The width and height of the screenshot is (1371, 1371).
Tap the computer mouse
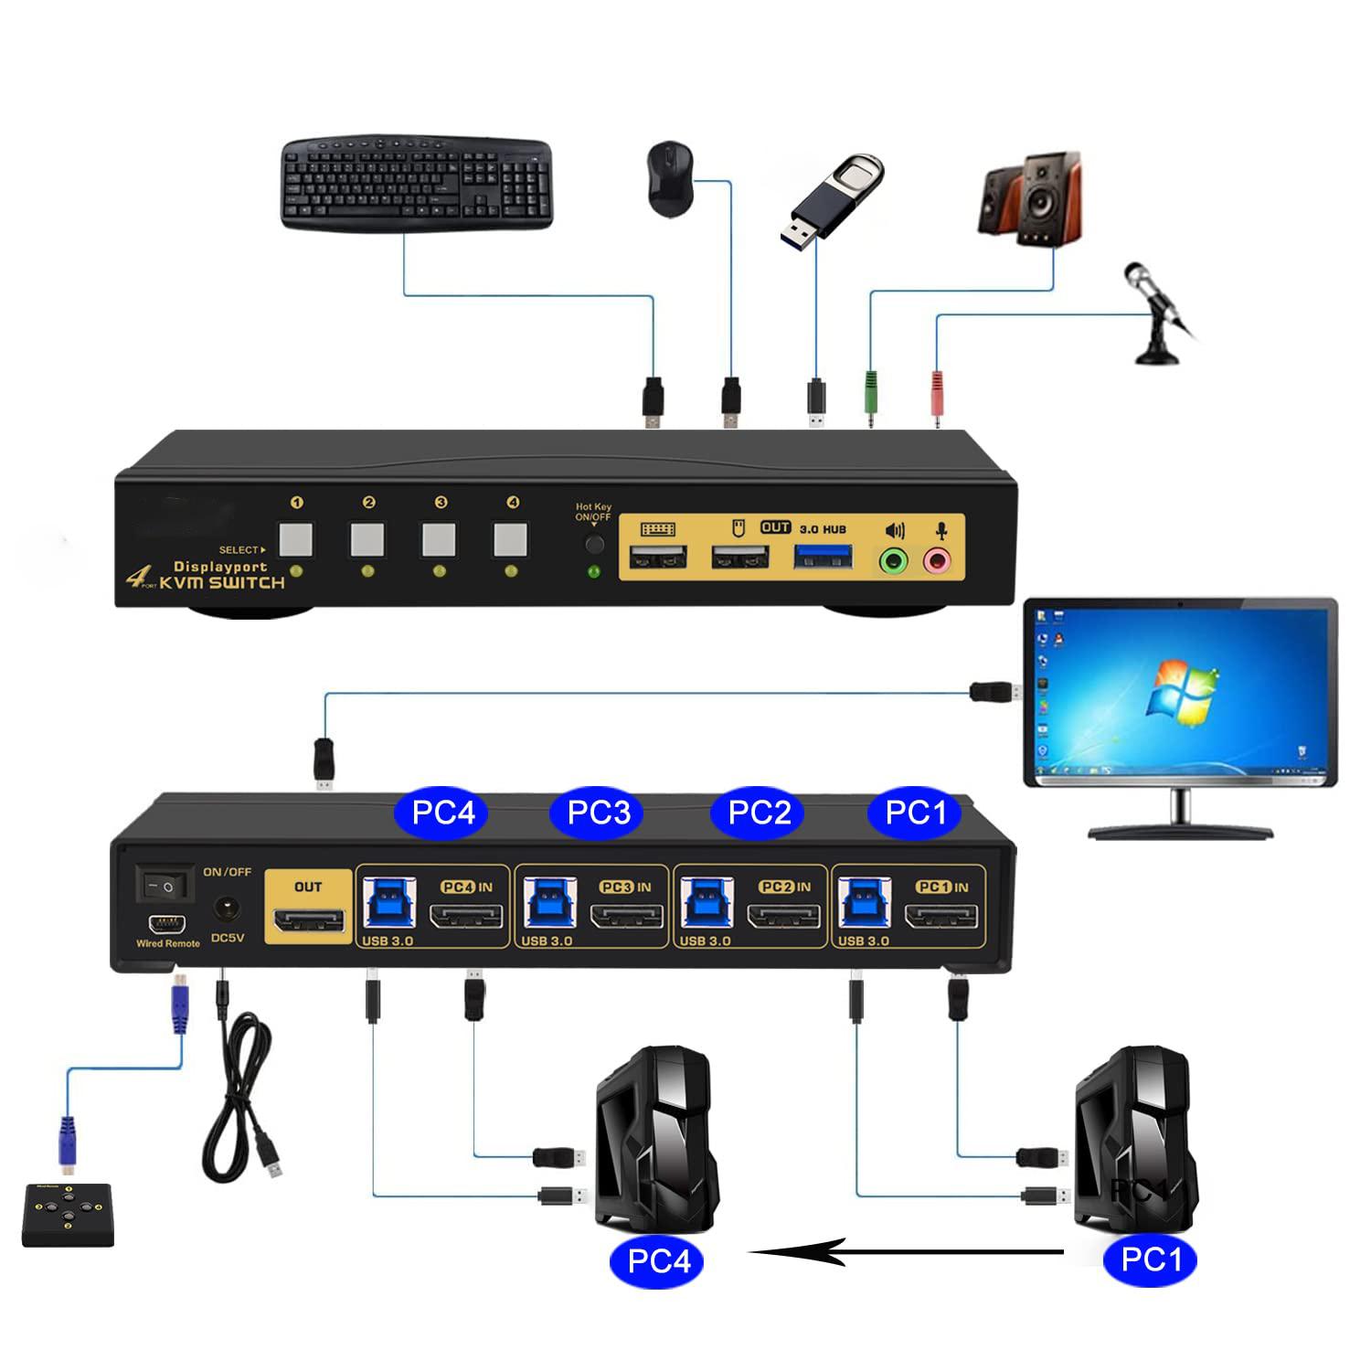(670, 178)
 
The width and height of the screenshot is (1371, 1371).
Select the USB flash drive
(833, 197)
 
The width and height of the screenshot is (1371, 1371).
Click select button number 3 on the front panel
(440, 539)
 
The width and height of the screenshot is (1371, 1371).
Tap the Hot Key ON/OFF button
(595, 545)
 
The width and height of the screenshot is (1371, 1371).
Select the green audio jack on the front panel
(893, 559)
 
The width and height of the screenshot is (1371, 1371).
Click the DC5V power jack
(227, 909)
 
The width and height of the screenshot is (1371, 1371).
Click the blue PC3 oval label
(599, 813)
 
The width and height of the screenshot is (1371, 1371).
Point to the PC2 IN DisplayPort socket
(784, 916)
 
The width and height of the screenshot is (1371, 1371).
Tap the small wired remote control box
(68, 1215)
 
